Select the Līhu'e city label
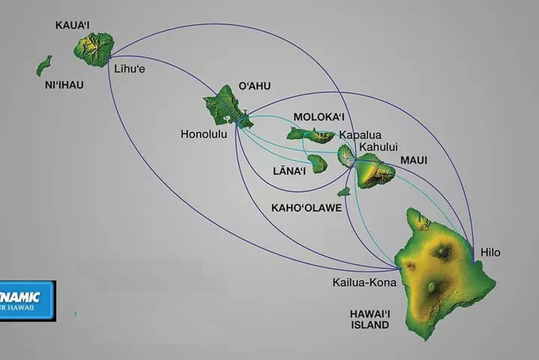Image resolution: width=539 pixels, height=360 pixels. [x=129, y=69]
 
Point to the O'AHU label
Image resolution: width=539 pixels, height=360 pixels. [x=253, y=85]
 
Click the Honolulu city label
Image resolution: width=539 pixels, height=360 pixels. [x=204, y=135]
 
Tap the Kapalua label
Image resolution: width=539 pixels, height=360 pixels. [x=359, y=135]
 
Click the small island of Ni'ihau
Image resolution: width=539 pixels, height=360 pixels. [x=43, y=66]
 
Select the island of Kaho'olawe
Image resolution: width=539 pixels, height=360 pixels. [x=343, y=192]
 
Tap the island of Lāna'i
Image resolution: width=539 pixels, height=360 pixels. [x=318, y=163]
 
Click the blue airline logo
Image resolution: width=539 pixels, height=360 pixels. [x=26, y=300]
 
